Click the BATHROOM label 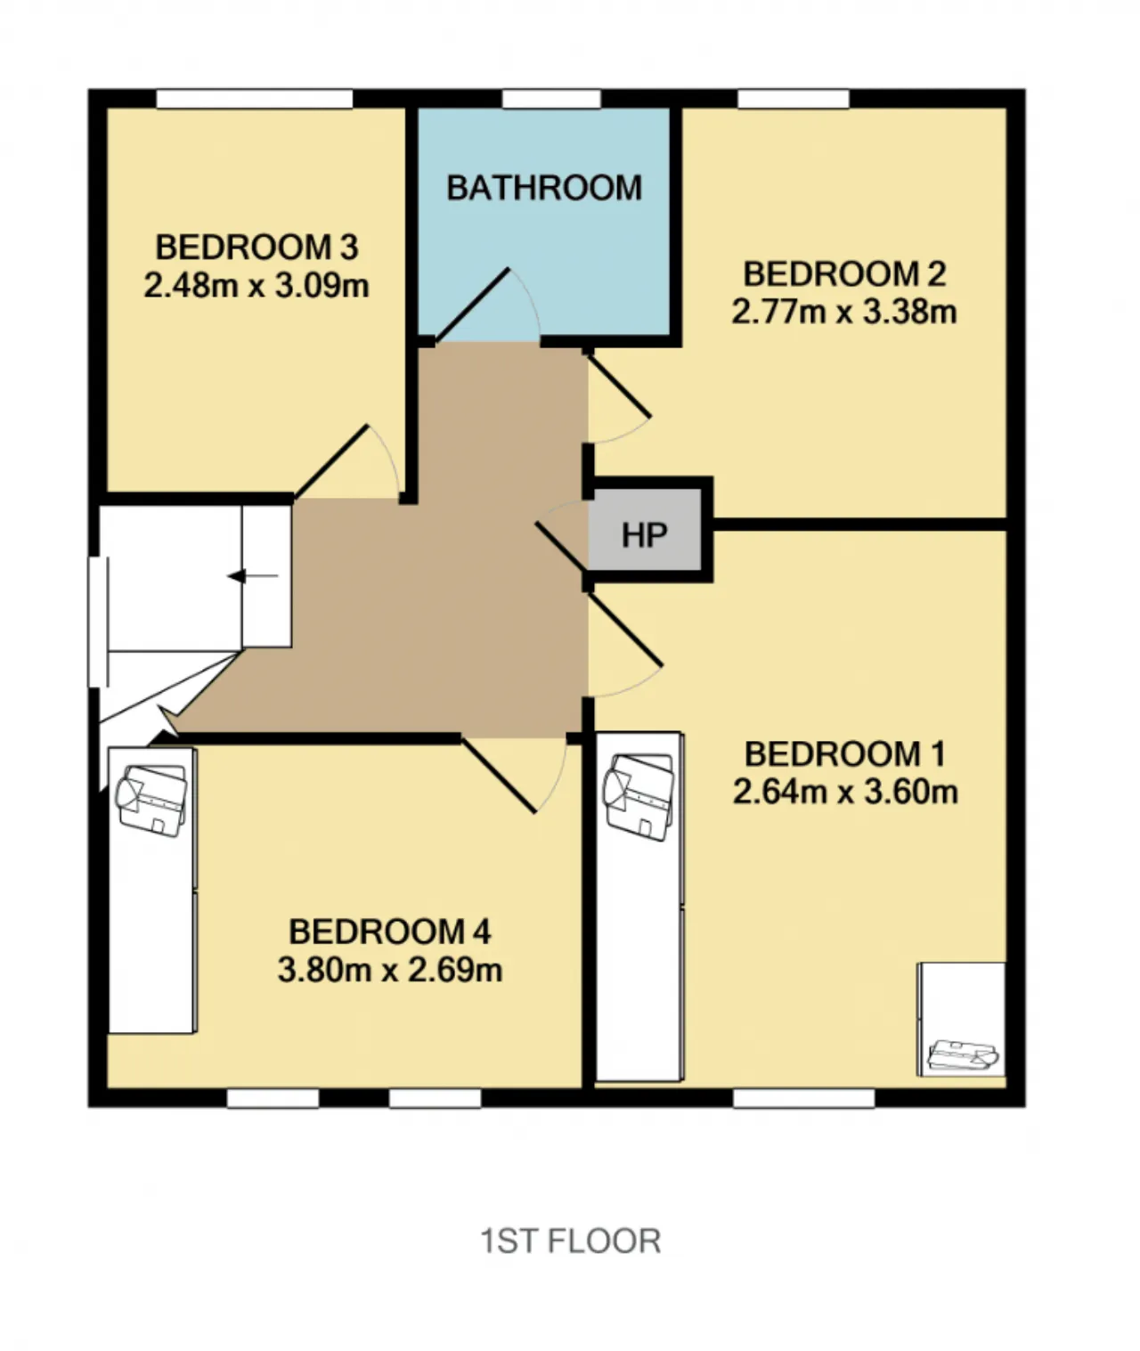pyautogui.click(x=544, y=188)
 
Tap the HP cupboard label pyautogui.click(x=645, y=535)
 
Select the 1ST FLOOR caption pyautogui.click(x=571, y=1241)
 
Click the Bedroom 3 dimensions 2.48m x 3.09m pyautogui.click(x=256, y=285)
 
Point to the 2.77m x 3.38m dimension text pyautogui.click(x=844, y=312)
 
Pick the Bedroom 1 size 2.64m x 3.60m pyautogui.click(x=845, y=792)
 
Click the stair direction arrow pyautogui.click(x=253, y=576)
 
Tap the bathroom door pyautogui.click(x=472, y=305)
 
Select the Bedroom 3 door pyautogui.click(x=331, y=462)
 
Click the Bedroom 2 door pyautogui.click(x=618, y=386)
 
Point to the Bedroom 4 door pyautogui.click(x=498, y=775)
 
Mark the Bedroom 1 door pyautogui.click(x=623, y=631)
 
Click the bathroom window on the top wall pyautogui.click(x=551, y=99)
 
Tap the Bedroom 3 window pyautogui.click(x=254, y=99)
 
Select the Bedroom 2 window pyautogui.click(x=794, y=99)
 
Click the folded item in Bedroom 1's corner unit pyautogui.click(x=962, y=1056)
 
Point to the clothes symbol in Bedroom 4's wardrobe pyautogui.click(x=151, y=801)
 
